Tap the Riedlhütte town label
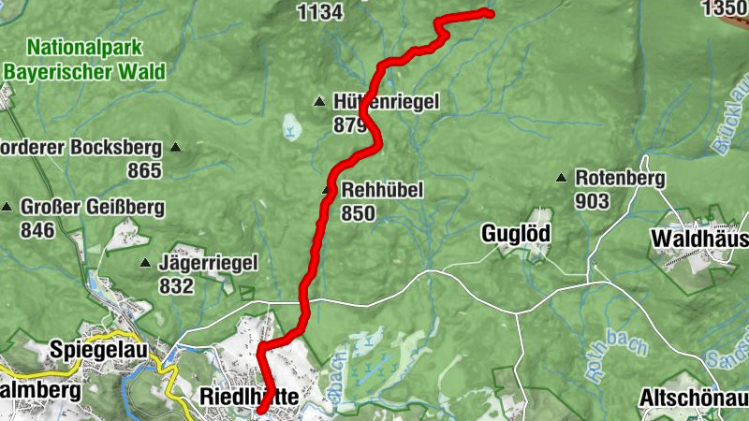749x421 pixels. [x=249, y=398]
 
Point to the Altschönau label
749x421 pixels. [x=694, y=399]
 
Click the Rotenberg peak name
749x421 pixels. [x=620, y=178]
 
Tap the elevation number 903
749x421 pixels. [x=593, y=201]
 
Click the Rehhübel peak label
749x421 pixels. [x=383, y=191]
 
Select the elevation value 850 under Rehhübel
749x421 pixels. [x=359, y=214]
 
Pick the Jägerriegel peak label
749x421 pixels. [x=208, y=264]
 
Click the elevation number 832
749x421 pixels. [x=176, y=287]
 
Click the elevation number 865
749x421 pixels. [x=145, y=170]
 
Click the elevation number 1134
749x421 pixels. [x=319, y=11]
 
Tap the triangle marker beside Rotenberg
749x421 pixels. [x=562, y=178]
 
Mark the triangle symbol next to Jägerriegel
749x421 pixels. [x=146, y=264]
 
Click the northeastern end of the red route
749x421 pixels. [x=489, y=12]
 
